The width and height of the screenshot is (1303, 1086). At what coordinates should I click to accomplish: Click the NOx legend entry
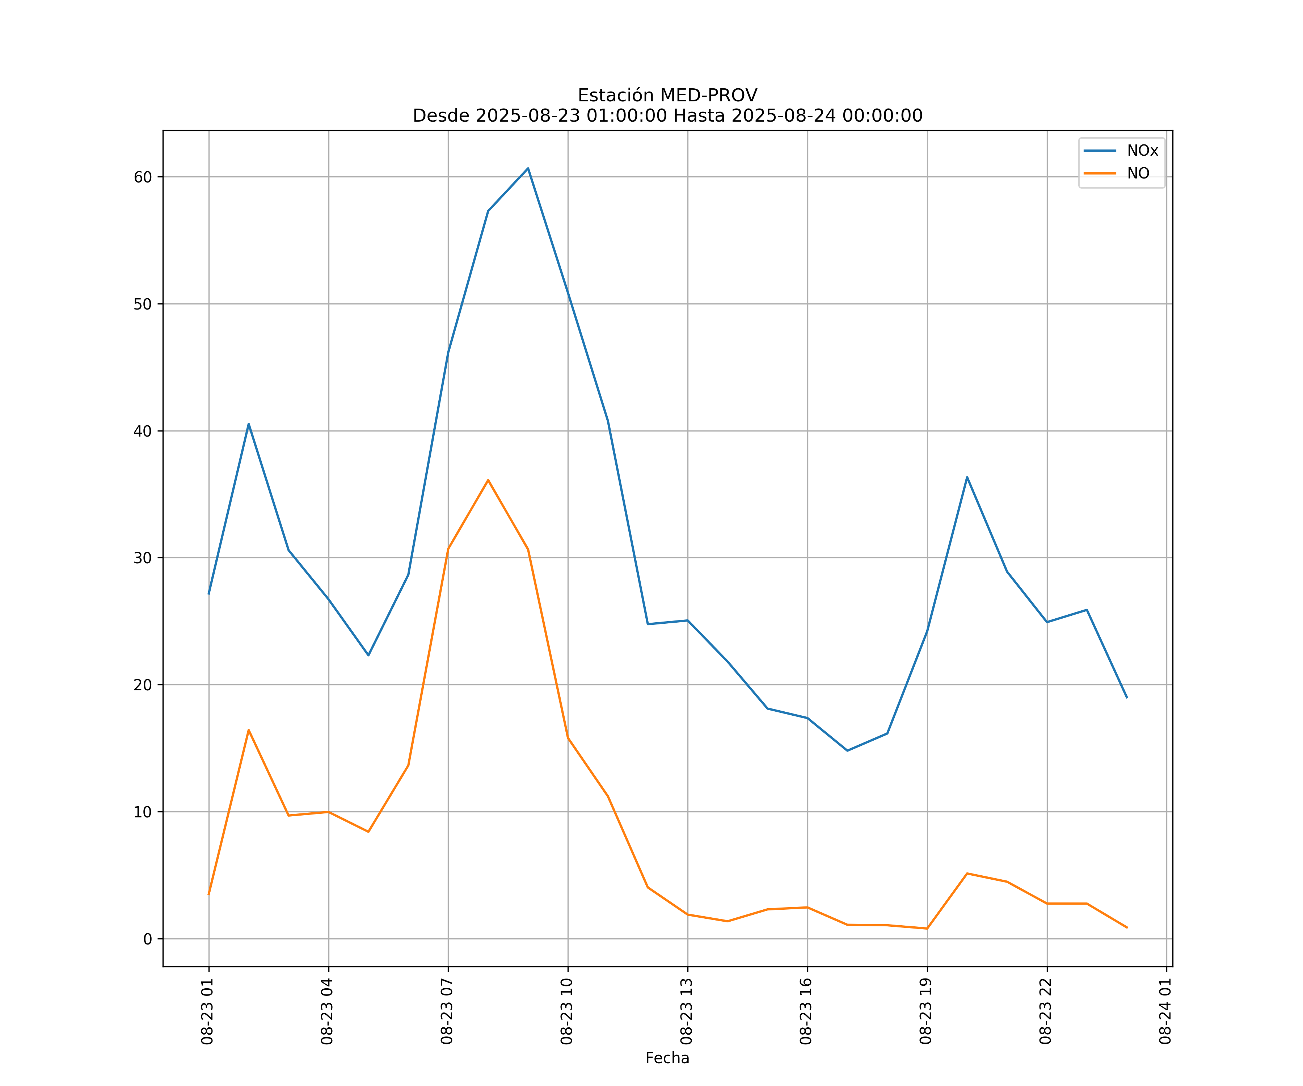tap(1142, 151)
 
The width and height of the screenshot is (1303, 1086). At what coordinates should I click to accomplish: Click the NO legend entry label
tap(1138, 174)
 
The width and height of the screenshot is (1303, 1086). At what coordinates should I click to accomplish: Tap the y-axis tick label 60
tap(143, 177)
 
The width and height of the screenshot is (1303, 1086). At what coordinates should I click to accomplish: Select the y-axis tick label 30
tap(143, 558)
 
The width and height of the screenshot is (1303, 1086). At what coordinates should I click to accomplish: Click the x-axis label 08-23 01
tap(207, 1011)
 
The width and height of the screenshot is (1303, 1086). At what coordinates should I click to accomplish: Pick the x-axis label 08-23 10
tap(566, 1011)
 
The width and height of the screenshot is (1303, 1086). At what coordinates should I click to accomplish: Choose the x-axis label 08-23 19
tap(926, 1011)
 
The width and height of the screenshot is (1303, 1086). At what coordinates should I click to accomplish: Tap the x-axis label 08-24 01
tap(1165, 1011)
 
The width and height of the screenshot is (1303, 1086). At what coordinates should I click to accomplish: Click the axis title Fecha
tap(667, 1058)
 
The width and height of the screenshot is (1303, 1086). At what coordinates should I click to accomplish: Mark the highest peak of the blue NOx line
tap(528, 168)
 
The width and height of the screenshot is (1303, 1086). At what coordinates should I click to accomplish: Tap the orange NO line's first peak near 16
tap(249, 730)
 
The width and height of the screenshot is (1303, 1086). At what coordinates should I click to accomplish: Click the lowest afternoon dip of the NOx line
tap(847, 750)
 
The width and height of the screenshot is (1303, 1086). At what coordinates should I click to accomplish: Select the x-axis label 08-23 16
tap(806, 1011)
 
